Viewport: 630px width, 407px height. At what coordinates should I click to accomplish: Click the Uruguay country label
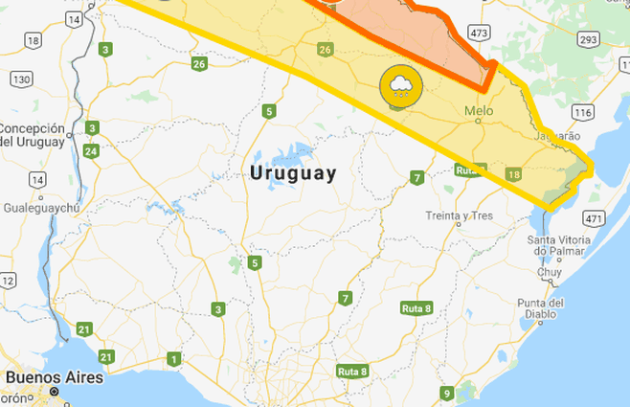[x=293, y=173]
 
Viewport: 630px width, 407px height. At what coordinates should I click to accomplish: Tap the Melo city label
[x=479, y=111]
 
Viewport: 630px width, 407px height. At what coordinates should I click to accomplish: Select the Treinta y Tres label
[x=460, y=215]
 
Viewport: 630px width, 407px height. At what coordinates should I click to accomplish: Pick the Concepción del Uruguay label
[x=34, y=135]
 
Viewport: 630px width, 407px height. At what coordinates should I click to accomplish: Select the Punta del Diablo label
[x=544, y=308]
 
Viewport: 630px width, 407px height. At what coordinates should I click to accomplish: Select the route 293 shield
[x=589, y=39]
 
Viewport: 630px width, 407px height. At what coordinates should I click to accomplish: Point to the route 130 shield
[x=22, y=78]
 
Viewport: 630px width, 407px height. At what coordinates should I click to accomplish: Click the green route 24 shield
[x=91, y=150]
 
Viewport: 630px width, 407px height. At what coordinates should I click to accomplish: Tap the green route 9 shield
[x=446, y=393]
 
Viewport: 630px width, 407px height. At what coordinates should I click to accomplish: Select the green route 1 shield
[x=173, y=359]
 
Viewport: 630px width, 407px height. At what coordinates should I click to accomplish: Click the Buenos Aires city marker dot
[x=55, y=393]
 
